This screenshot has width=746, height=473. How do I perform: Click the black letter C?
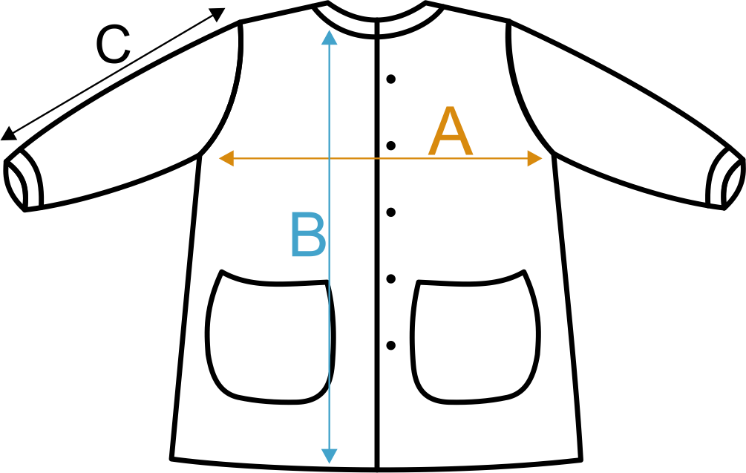113,45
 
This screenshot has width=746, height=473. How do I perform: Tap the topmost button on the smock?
392,78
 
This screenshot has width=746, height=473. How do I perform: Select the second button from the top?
392,145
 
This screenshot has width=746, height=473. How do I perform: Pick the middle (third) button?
392,212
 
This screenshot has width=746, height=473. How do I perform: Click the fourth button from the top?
392,278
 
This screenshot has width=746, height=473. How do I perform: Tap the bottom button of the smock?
392,345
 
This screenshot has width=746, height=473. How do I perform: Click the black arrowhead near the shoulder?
216,14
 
